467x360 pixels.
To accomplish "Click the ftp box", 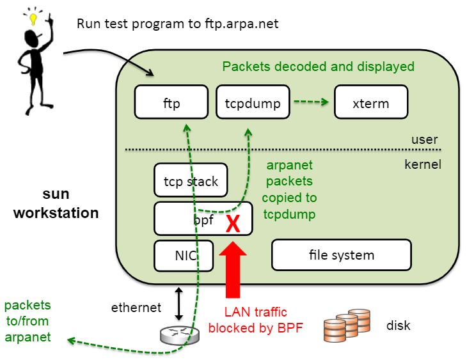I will click(171, 102).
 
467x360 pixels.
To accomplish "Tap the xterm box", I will click(370, 102).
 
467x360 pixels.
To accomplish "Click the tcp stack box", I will click(191, 181).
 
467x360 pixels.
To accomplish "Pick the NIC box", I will click(175, 256).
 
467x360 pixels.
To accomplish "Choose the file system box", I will click(341, 254).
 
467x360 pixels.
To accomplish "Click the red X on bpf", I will click(233, 223).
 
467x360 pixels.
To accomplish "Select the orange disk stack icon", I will click(349, 326).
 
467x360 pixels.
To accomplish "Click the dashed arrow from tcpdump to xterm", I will click(311, 102).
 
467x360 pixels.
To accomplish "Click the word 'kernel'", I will click(423, 164).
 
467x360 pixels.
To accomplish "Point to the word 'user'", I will click(425, 139).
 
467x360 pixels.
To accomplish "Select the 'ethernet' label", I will click(136, 308).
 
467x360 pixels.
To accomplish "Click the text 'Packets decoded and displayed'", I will click(318, 67).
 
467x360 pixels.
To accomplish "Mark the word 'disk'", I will click(398, 325).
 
